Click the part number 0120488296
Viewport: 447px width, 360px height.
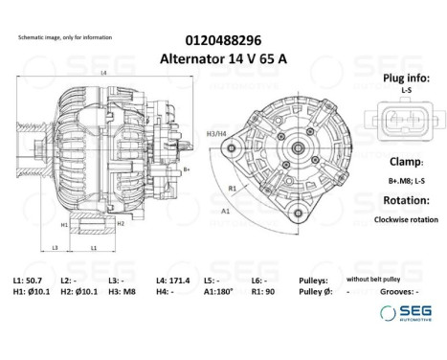click(x=223, y=41)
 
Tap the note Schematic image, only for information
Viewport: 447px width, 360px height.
click(x=64, y=37)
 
